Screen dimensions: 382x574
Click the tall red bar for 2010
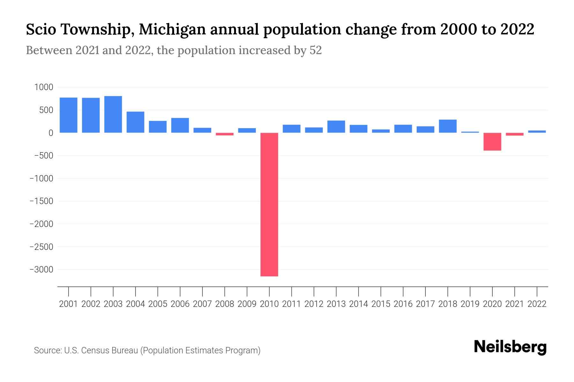point(269,204)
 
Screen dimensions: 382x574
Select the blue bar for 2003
point(113,114)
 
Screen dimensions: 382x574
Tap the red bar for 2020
point(492,142)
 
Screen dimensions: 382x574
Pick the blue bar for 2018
point(447,126)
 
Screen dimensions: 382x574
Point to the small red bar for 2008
point(224,134)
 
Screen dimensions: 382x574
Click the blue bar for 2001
point(69,115)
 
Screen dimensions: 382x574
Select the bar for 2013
point(336,126)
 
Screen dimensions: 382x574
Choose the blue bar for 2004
point(136,122)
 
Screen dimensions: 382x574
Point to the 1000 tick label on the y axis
point(44,87)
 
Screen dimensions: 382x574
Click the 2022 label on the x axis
point(537,304)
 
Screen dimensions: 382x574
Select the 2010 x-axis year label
point(269,304)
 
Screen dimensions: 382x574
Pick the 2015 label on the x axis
point(381,304)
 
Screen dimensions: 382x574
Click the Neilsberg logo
point(510,347)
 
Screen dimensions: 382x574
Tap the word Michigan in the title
point(173,30)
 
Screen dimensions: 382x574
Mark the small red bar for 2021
point(514,134)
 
